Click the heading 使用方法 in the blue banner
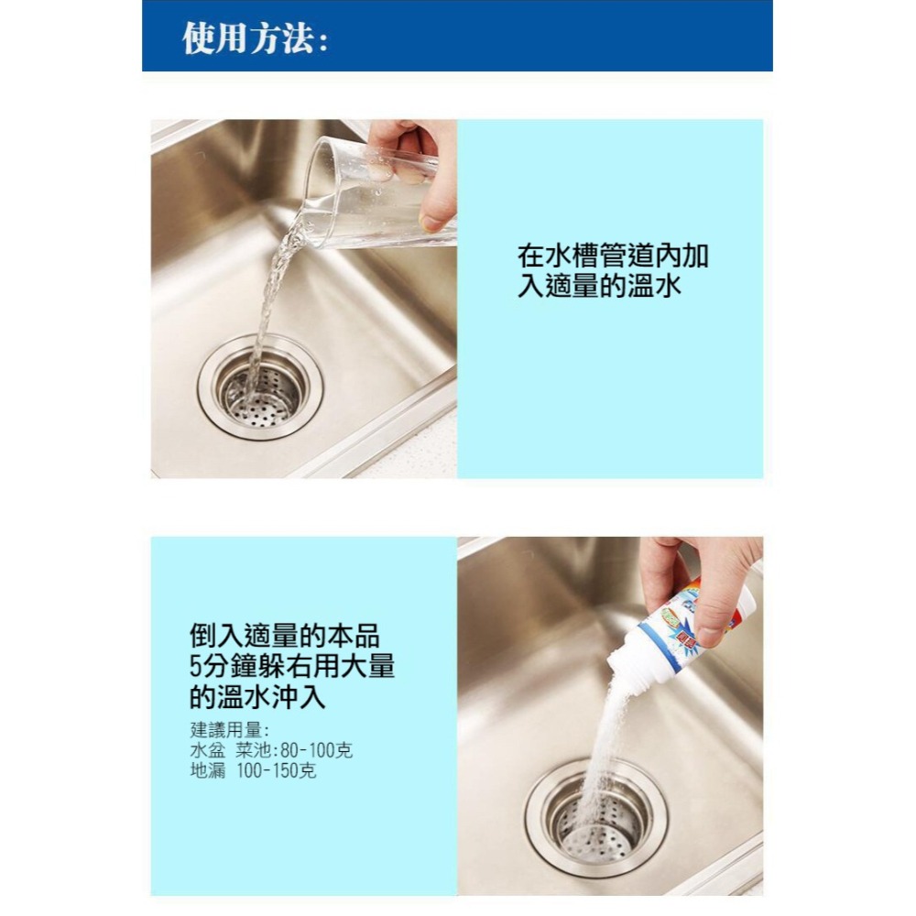click(x=255, y=38)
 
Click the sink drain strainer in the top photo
click(x=260, y=387)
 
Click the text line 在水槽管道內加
click(x=613, y=256)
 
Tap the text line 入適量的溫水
click(x=600, y=287)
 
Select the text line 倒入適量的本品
click(x=284, y=635)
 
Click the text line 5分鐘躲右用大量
click(x=292, y=666)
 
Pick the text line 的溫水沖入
click(x=257, y=697)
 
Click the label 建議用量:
click(x=229, y=731)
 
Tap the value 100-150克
click(x=276, y=771)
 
